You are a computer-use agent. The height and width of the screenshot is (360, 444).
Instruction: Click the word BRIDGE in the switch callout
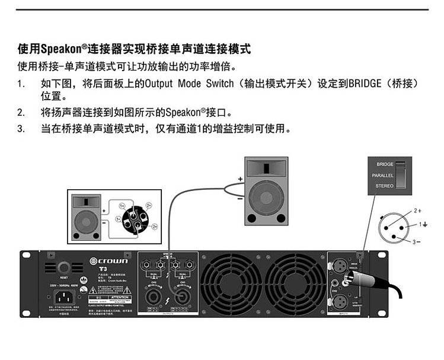385,164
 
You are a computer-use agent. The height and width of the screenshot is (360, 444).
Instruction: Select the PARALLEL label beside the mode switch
382,176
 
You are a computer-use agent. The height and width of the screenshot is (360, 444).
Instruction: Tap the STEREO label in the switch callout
384,186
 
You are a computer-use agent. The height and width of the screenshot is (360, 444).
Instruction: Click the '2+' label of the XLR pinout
417,211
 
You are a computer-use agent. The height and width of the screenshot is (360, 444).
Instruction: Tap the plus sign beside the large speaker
239,179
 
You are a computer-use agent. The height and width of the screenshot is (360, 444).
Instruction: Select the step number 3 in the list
21,128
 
